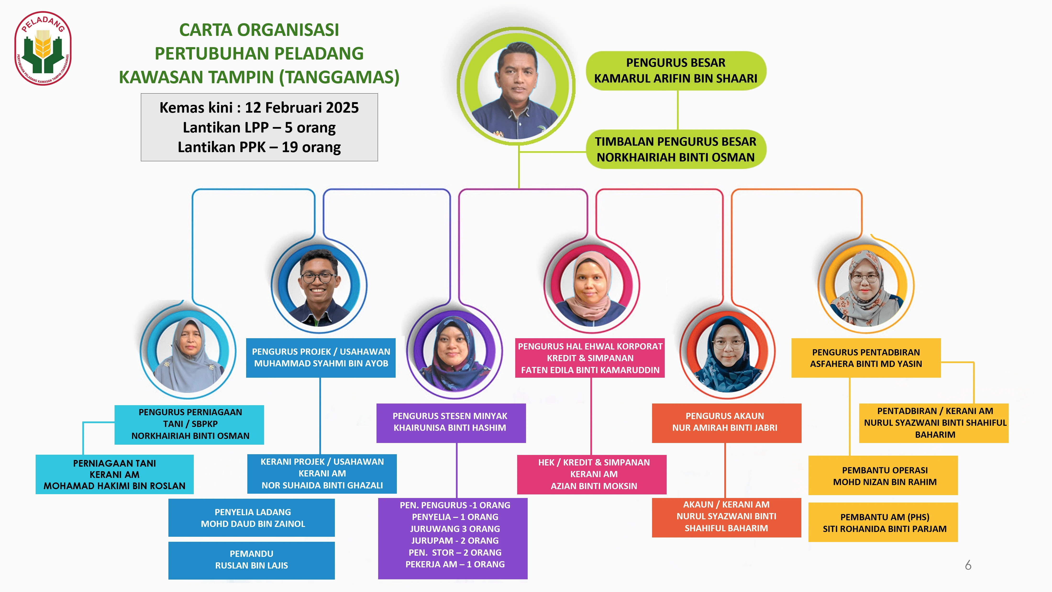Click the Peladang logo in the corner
click(43, 48)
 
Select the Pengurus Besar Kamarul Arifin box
click(676, 71)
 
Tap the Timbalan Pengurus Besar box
click(676, 149)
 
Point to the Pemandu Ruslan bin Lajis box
click(252, 560)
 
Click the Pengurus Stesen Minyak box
click(451, 423)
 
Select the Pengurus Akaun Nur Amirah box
click(726, 423)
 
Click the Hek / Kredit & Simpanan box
click(592, 474)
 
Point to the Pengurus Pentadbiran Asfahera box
click(866, 358)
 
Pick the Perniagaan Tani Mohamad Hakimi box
click(114, 474)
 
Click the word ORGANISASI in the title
click(288, 30)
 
